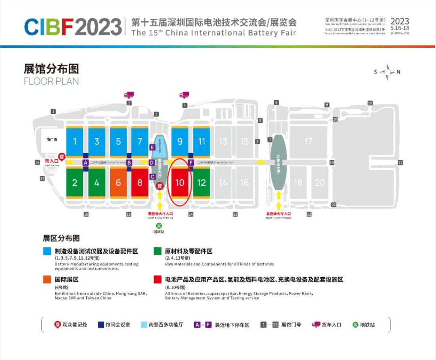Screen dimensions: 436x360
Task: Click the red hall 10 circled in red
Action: click(x=180, y=182)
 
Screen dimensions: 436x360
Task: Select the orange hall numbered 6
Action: click(x=118, y=182)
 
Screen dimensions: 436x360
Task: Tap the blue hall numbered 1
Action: click(x=75, y=141)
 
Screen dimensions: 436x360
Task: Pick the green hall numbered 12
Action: click(x=201, y=182)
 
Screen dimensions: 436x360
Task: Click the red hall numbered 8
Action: click(x=140, y=182)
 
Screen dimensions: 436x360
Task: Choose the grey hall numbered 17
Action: click(x=308, y=141)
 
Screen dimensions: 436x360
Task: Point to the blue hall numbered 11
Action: click(x=201, y=141)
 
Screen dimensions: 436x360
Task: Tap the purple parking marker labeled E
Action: click(x=152, y=147)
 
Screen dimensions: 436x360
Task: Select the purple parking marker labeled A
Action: click(x=85, y=162)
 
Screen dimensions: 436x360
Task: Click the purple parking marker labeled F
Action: click(x=191, y=163)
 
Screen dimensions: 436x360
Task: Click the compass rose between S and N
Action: click(x=387, y=72)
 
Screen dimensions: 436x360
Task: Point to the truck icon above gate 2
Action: click(x=129, y=95)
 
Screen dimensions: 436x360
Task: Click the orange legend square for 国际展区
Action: click(x=47, y=279)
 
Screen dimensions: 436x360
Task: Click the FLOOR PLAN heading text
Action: click(x=51, y=81)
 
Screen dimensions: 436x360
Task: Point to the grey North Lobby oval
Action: click(x=279, y=162)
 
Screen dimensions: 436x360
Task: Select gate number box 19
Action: click(x=332, y=162)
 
